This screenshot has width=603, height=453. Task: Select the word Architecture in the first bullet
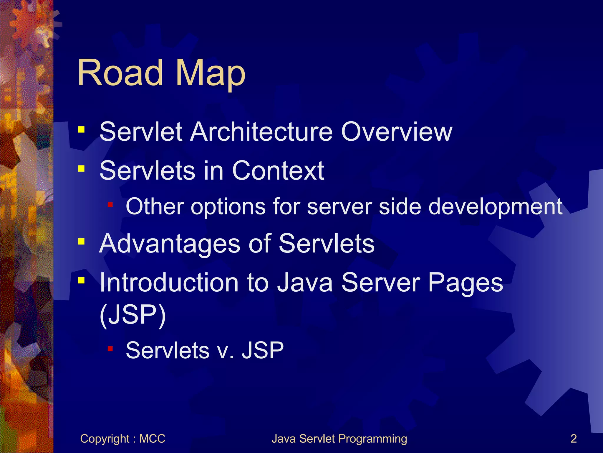[261, 132]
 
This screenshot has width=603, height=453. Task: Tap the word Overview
[396, 132]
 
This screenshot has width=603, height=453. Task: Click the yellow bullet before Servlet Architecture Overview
[81, 129]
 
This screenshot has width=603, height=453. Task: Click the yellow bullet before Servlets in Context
[81, 168]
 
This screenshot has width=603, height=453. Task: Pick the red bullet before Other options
[110, 204]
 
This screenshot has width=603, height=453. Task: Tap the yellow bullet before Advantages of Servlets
[81, 242]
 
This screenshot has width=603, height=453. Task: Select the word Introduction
[169, 283]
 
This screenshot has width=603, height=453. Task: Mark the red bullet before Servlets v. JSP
[110, 349]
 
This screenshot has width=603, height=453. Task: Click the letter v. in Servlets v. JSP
[225, 351]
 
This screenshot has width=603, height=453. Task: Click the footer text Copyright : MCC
[122, 439]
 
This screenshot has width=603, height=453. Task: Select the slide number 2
[574, 439]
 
